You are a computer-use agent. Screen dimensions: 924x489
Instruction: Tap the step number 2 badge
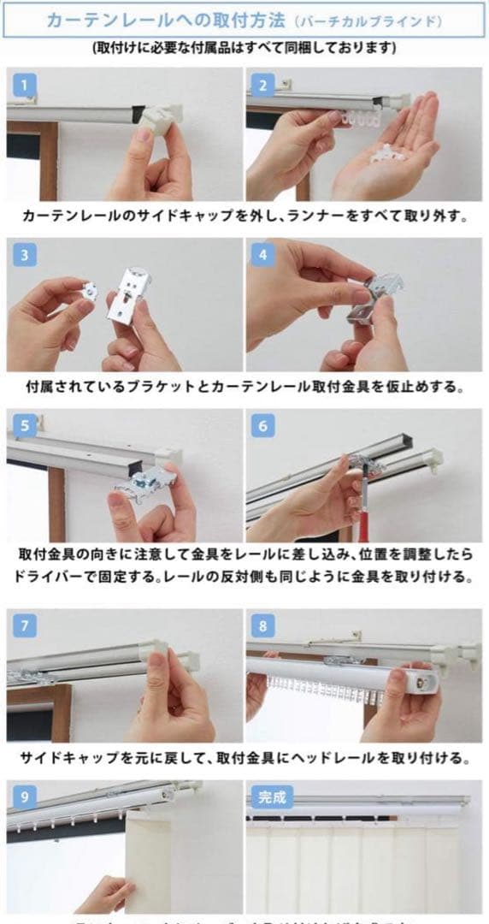(262, 85)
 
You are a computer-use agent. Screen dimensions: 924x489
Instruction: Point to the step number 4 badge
(262, 255)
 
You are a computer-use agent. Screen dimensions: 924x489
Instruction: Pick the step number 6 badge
(262, 426)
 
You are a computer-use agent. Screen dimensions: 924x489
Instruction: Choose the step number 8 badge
(262, 625)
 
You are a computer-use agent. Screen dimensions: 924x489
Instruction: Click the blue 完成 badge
(272, 797)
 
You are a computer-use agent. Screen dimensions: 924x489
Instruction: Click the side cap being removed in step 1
(159, 116)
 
